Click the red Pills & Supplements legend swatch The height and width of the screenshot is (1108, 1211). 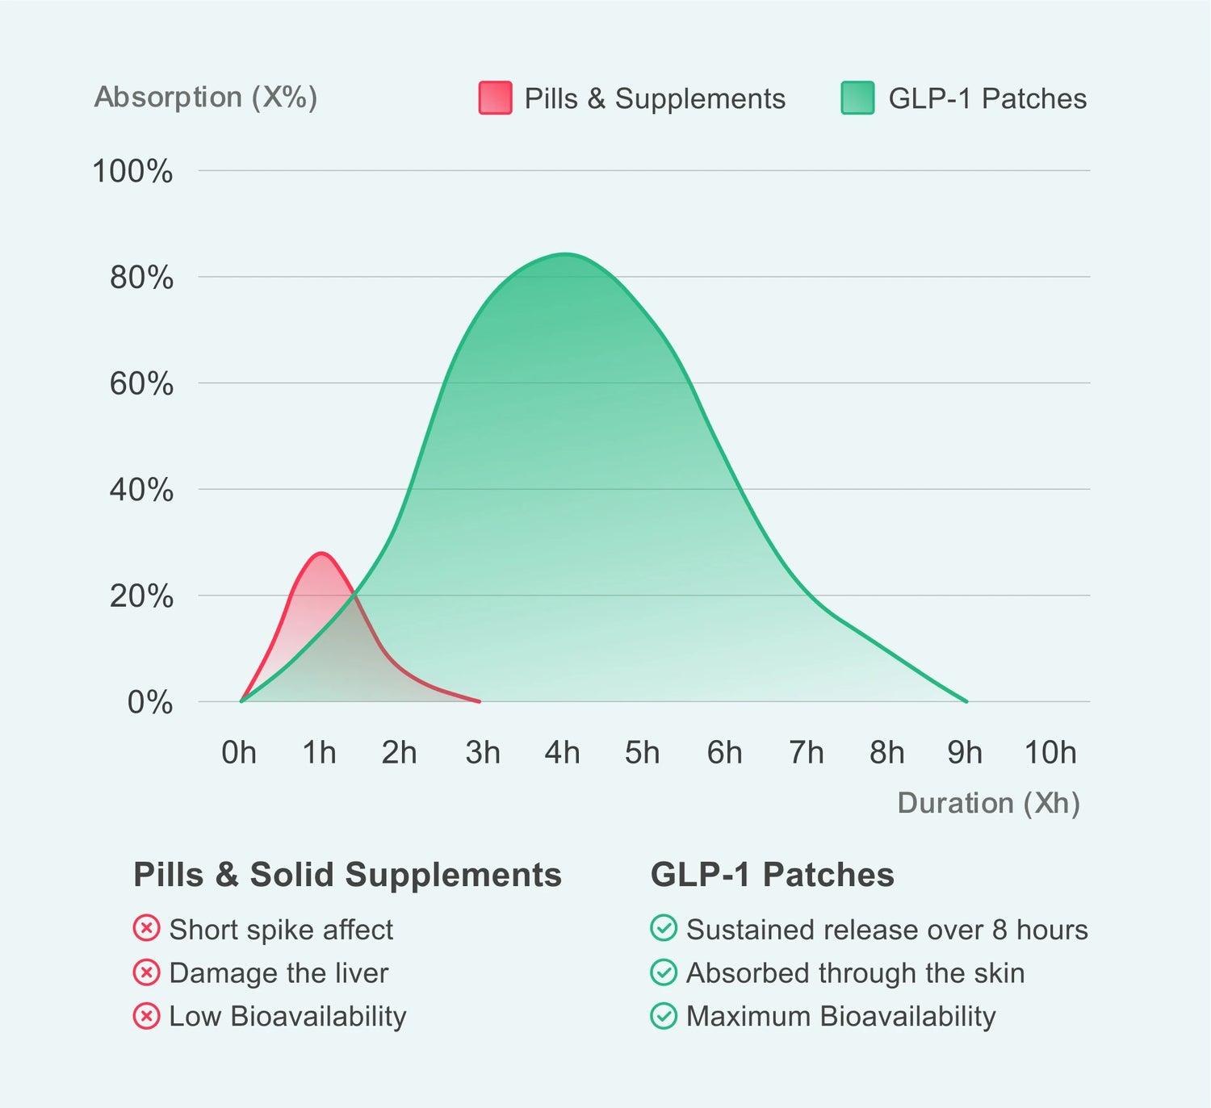pyautogui.click(x=495, y=98)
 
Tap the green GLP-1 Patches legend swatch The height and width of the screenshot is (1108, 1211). pyautogui.click(x=857, y=98)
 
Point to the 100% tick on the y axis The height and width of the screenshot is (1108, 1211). pyautogui.click(x=132, y=171)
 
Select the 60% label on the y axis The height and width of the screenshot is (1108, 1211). pyautogui.click(x=141, y=383)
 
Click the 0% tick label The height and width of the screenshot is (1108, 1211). pyautogui.click(x=150, y=702)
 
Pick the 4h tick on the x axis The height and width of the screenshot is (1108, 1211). pyautogui.click(x=562, y=752)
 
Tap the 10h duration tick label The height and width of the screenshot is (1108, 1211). pyautogui.click(x=1050, y=752)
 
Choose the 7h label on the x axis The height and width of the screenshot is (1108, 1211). pyautogui.click(x=806, y=752)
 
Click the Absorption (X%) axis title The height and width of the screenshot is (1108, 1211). pyautogui.click(x=206, y=97)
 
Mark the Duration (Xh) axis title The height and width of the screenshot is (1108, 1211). pyautogui.click(x=988, y=803)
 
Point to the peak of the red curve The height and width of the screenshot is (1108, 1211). pyautogui.click(x=321, y=554)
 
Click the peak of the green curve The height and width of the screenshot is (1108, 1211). pyautogui.click(x=565, y=254)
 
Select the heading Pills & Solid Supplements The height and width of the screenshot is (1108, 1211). pyautogui.click(x=347, y=875)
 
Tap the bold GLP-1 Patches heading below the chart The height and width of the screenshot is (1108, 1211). pyautogui.click(x=772, y=875)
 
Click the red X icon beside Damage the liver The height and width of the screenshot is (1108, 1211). pyautogui.click(x=146, y=972)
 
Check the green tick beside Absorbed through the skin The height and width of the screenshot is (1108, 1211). pyautogui.click(x=664, y=972)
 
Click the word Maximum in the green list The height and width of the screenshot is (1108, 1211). pyautogui.click(x=748, y=1016)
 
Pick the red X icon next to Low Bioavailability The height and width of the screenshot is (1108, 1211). pyautogui.click(x=146, y=1015)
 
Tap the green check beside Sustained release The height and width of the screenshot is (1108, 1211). pyautogui.click(x=664, y=929)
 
